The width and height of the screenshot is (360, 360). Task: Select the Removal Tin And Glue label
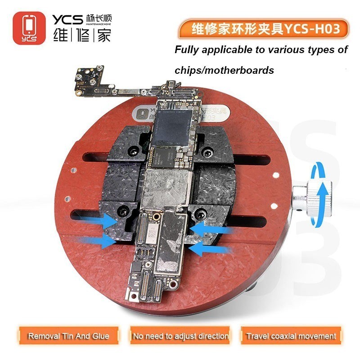pos(69,336)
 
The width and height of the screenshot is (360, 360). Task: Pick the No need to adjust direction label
pos(180,336)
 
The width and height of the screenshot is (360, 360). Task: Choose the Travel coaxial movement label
pos(291,336)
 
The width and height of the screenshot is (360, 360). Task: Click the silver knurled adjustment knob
pos(315,196)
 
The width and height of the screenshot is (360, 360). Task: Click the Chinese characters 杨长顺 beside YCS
pos(98,19)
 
